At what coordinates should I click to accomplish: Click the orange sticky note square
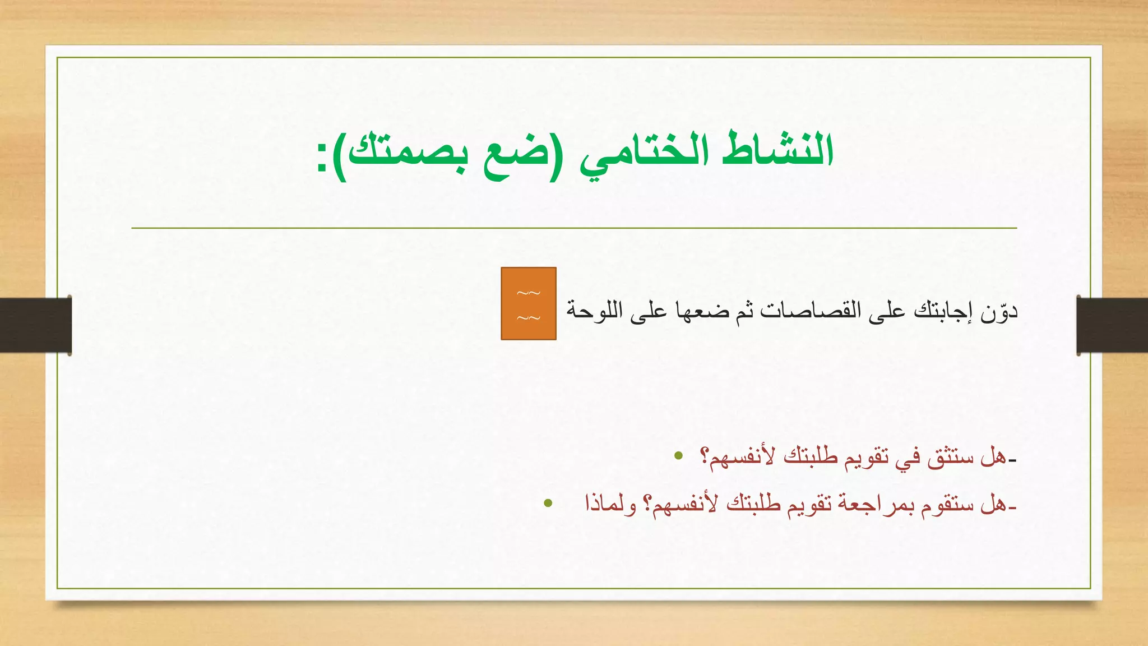(x=528, y=303)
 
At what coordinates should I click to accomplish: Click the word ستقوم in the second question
(x=947, y=505)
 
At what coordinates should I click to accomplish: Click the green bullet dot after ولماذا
(x=548, y=504)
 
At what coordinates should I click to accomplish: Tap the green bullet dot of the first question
(x=679, y=455)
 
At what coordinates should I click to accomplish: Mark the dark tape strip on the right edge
(x=1112, y=325)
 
